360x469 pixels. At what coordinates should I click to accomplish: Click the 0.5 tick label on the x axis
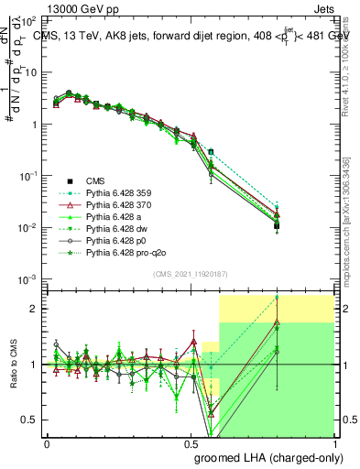tap(191, 444)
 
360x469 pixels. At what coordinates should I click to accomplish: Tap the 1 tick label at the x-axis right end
tap(335, 444)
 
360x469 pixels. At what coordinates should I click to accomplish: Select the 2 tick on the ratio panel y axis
tap(36, 309)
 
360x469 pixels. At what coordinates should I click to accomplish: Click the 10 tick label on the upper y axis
tap(30, 72)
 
